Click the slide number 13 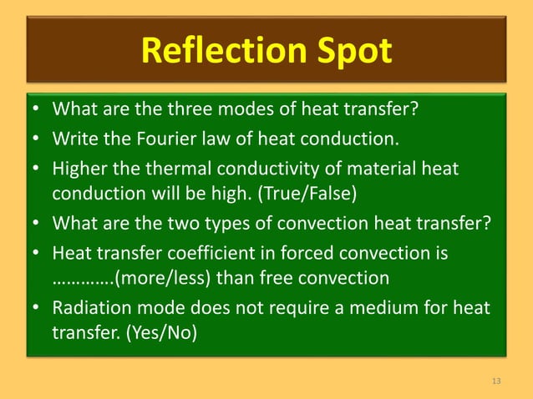(x=497, y=381)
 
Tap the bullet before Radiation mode (x=37, y=309)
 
